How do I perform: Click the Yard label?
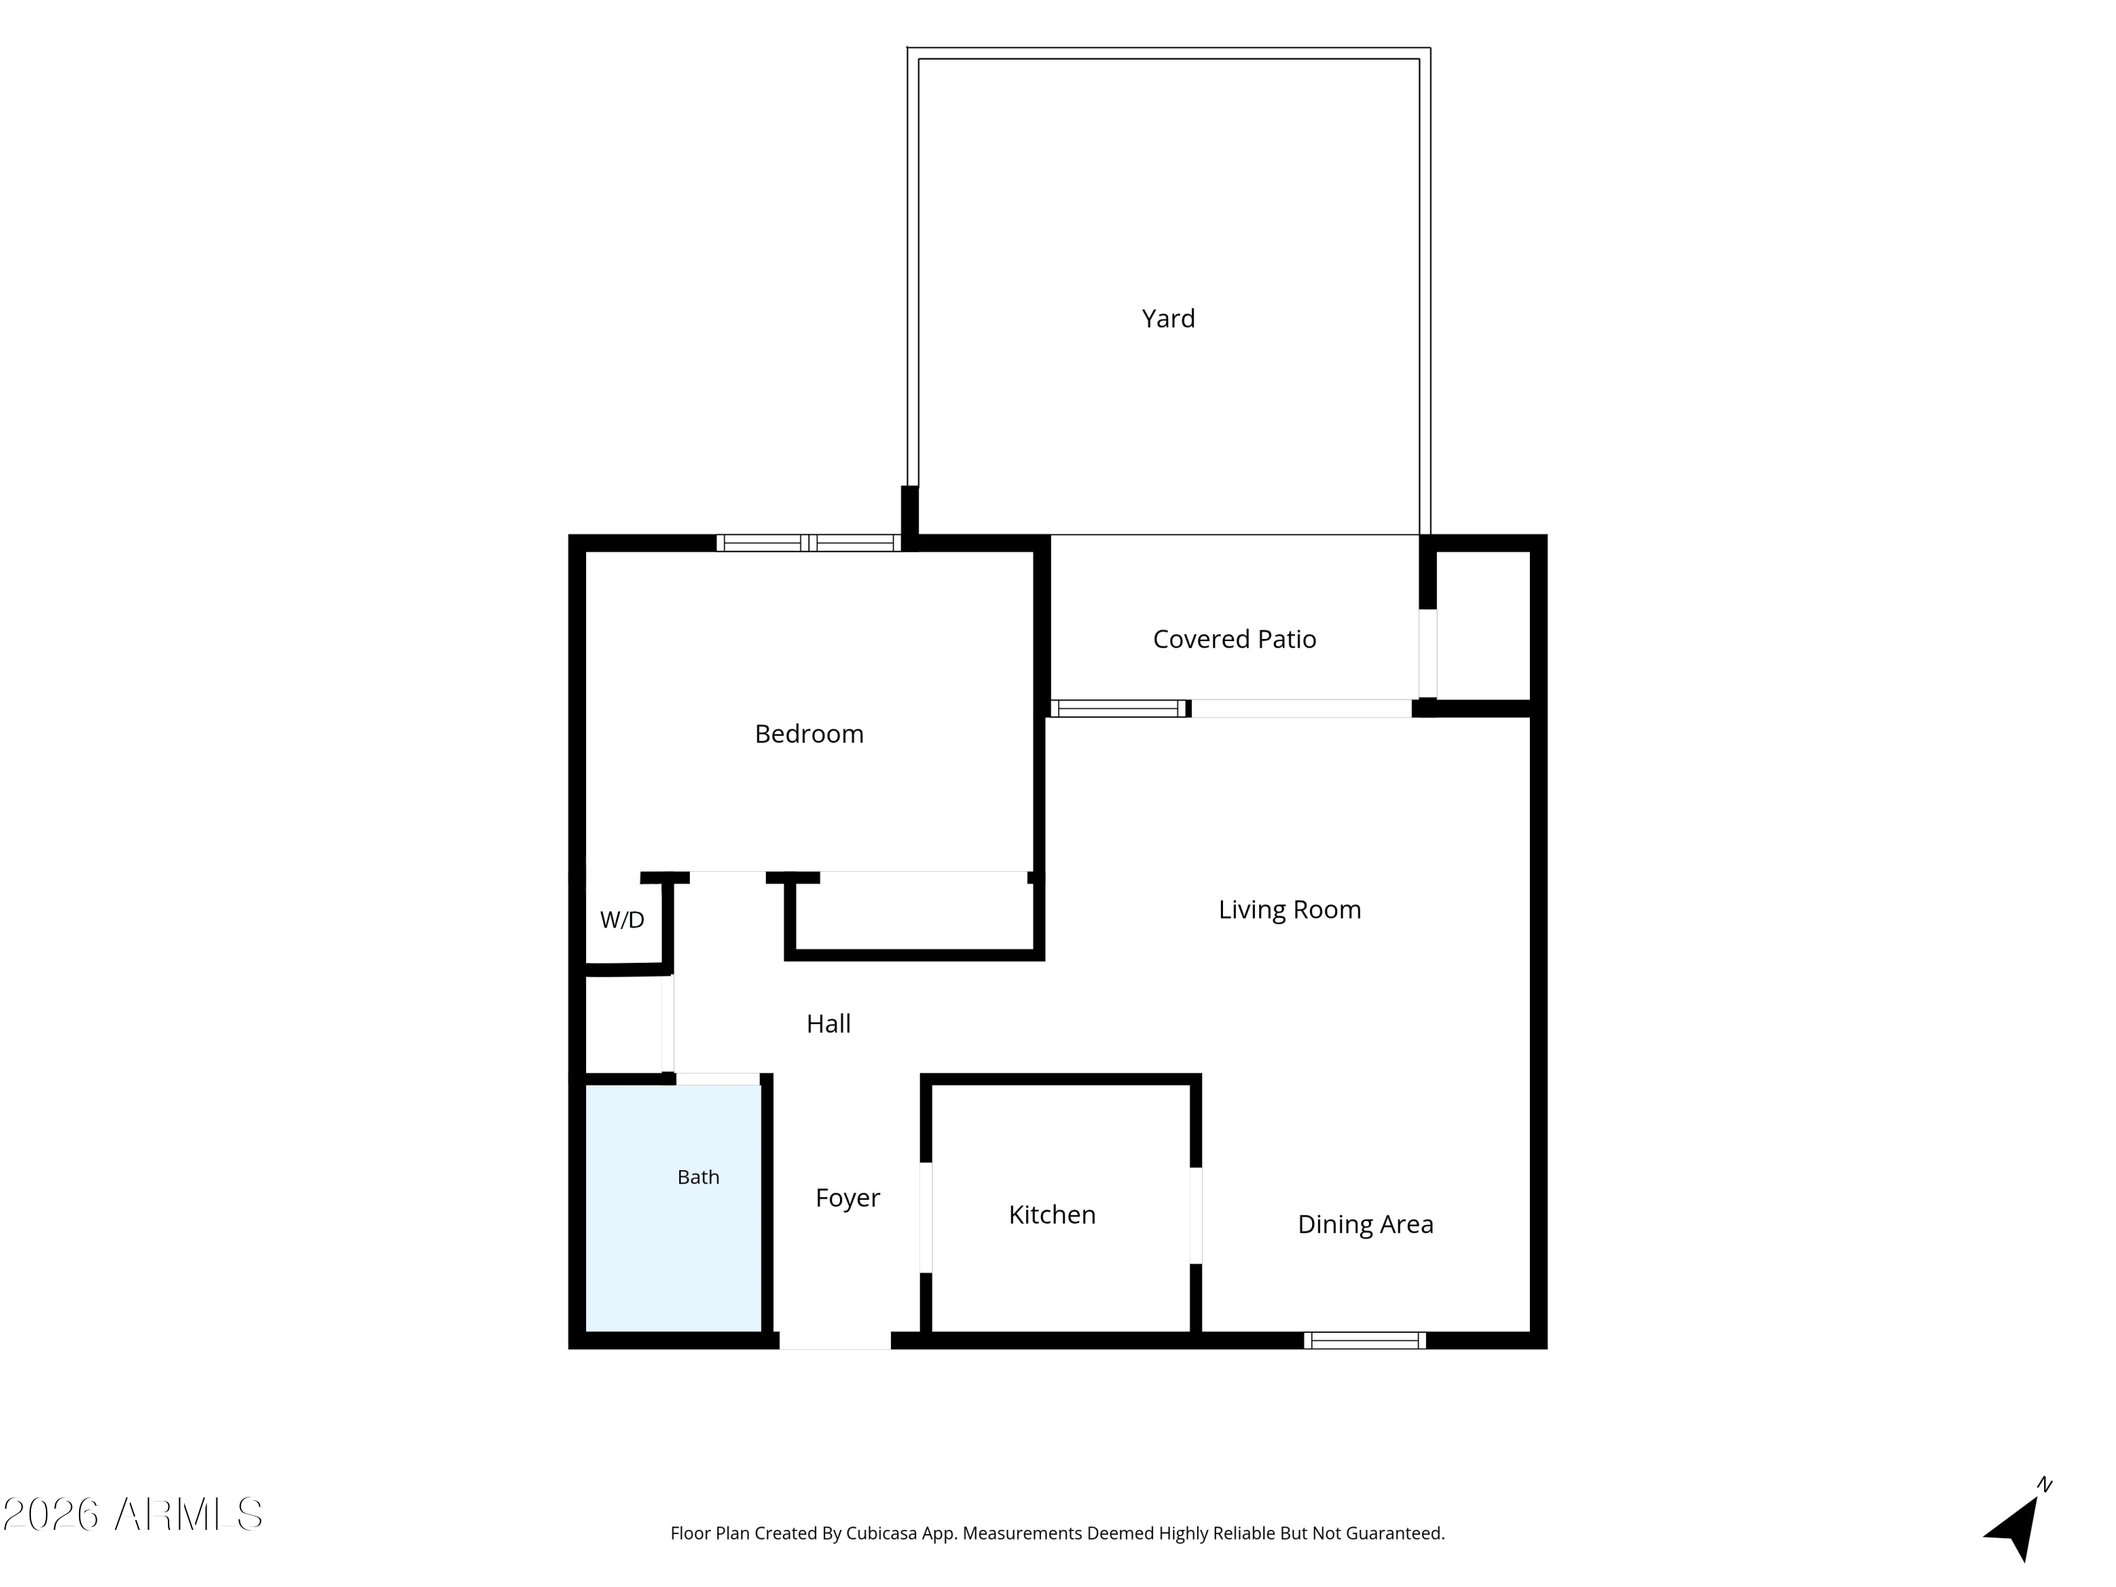(x=1168, y=319)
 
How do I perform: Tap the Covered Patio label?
(x=1234, y=639)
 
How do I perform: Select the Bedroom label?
(x=809, y=734)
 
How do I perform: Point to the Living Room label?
(x=1289, y=910)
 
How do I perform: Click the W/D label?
(x=622, y=920)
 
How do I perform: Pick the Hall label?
(x=829, y=1023)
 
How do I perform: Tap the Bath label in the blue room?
(x=698, y=1178)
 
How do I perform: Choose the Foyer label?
(x=848, y=1198)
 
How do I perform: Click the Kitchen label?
(x=1052, y=1215)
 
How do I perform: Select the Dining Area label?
(x=1365, y=1224)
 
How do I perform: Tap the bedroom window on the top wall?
(x=808, y=543)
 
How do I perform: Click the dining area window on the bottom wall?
(x=1364, y=1340)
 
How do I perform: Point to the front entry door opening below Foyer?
(x=835, y=1340)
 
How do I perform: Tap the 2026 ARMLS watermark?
(x=133, y=1514)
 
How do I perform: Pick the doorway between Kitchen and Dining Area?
(x=1196, y=1216)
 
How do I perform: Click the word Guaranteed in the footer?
(x=1396, y=1533)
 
